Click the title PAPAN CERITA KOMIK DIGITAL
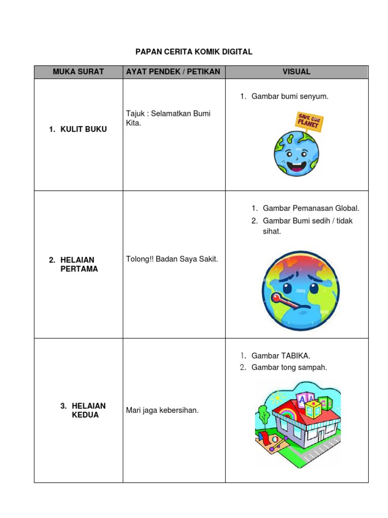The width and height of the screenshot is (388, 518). click(194, 52)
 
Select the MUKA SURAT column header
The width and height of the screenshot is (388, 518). click(78, 72)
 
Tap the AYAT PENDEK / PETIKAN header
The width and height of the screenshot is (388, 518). click(174, 72)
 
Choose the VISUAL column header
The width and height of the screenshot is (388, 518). click(297, 72)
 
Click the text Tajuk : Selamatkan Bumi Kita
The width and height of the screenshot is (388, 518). click(168, 118)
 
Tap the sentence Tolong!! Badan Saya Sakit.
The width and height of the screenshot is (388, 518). click(172, 259)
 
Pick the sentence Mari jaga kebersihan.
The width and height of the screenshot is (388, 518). click(162, 410)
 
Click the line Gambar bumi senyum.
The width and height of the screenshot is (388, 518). click(289, 96)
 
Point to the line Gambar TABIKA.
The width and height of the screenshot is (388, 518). click(280, 356)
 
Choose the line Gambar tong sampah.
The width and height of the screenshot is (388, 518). click(289, 367)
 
